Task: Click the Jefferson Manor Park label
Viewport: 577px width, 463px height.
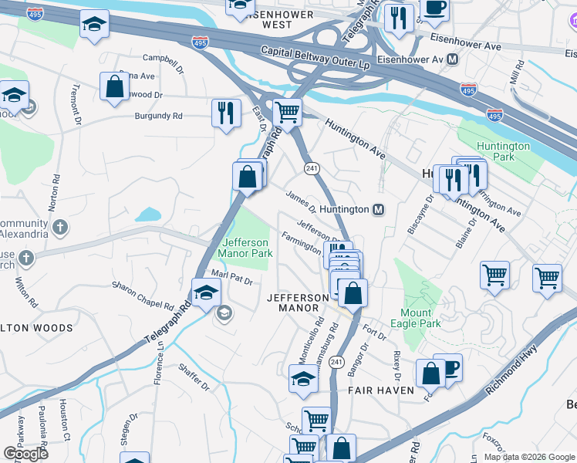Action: (x=245, y=247)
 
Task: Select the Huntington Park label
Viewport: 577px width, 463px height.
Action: (x=503, y=151)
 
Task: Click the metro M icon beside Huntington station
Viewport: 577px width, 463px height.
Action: (x=379, y=209)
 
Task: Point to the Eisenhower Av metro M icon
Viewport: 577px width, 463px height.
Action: (x=452, y=59)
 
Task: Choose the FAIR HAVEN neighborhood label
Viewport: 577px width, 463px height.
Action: (x=376, y=390)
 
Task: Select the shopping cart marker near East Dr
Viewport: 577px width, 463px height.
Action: (x=287, y=112)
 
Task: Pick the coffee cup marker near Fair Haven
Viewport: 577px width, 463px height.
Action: (x=447, y=367)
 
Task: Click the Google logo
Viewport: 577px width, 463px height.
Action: (x=25, y=454)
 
